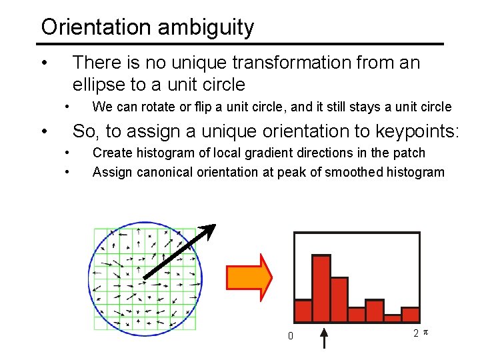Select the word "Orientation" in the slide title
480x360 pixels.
(97, 27)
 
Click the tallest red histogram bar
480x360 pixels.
(321, 288)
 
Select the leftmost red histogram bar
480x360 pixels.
(303, 310)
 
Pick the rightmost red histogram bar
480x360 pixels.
(410, 314)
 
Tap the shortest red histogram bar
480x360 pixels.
(393, 318)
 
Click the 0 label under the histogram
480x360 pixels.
(290, 336)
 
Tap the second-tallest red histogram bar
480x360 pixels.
(339, 299)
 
